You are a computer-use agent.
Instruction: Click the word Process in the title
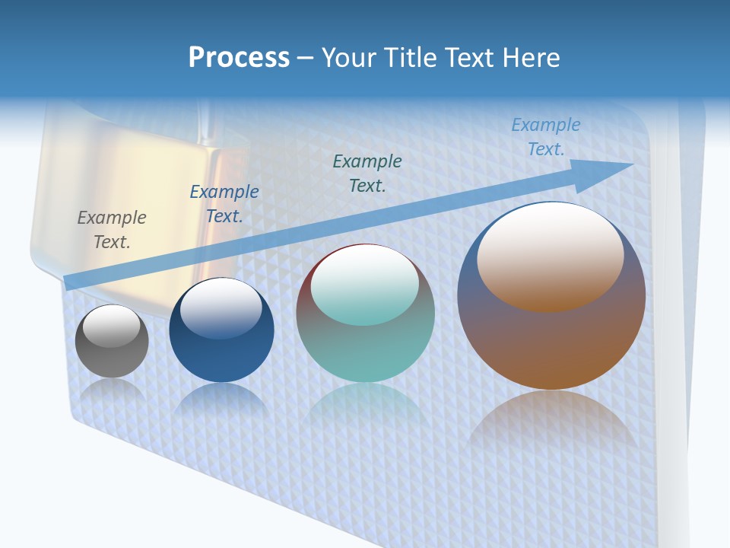tap(239, 57)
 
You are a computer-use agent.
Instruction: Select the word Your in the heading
tap(348, 57)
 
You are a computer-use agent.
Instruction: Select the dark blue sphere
tap(221, 358)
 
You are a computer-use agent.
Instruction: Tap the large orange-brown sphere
tap(551, 342)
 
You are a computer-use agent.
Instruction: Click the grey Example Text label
tap(112, 230)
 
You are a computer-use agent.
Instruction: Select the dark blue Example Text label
tap(224, 204)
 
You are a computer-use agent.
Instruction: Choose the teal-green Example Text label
tap(367, 173)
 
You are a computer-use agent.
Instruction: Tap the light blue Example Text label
tap(546, 137)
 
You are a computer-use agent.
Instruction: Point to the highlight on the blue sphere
tap(221, 309)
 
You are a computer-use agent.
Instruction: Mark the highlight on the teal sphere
tap(365, 285)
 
